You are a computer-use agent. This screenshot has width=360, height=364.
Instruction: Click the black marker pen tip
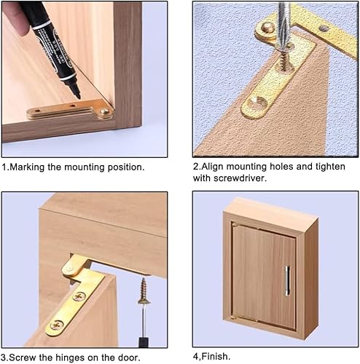(78, 96)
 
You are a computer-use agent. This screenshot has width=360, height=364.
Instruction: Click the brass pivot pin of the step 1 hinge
(106, 113)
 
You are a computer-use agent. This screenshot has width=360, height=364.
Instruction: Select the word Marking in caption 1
(27, 167)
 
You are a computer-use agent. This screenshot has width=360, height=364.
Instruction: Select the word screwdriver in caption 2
(240, 178)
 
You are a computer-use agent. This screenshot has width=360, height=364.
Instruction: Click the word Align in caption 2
(213, 167)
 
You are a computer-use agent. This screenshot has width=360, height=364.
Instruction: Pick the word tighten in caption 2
(330, 167)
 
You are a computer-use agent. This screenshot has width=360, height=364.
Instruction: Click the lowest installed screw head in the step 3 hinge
(57, 325)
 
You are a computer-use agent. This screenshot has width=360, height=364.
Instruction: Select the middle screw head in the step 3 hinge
(79, 296)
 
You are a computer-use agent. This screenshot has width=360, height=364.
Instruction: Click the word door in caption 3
(129, 357)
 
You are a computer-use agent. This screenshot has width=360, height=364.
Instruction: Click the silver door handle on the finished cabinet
(287, 281)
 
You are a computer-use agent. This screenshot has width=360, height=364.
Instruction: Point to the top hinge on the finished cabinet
(235, 224)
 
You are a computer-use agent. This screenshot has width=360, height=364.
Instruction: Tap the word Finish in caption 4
(216, 357)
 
